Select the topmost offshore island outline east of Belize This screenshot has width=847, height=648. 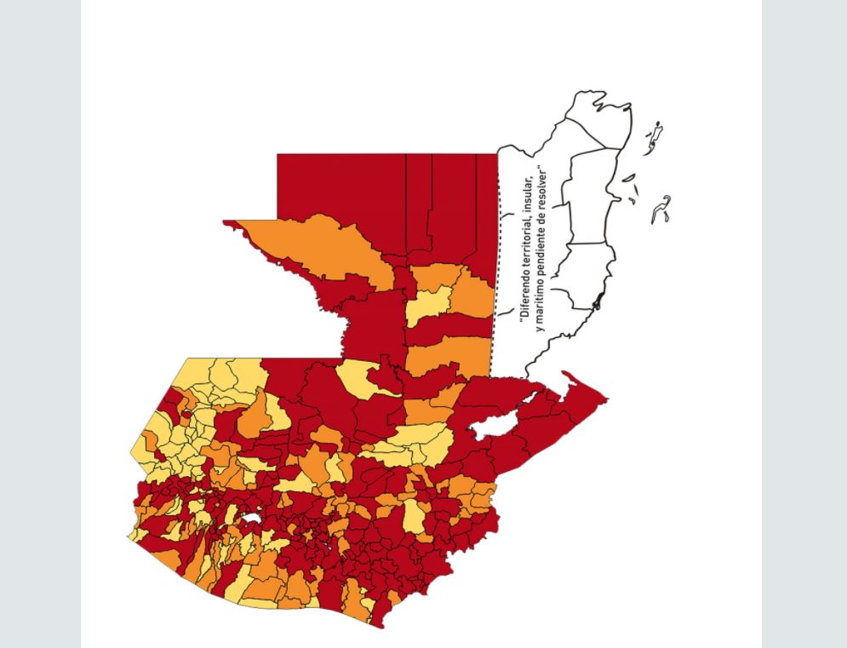pyautogui.click(x=655, y=135)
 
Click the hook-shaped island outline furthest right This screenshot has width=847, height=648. pyautogui.click(x=661, y=209)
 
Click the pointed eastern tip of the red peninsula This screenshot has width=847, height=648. pyautogui.click(x=606, y=398)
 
